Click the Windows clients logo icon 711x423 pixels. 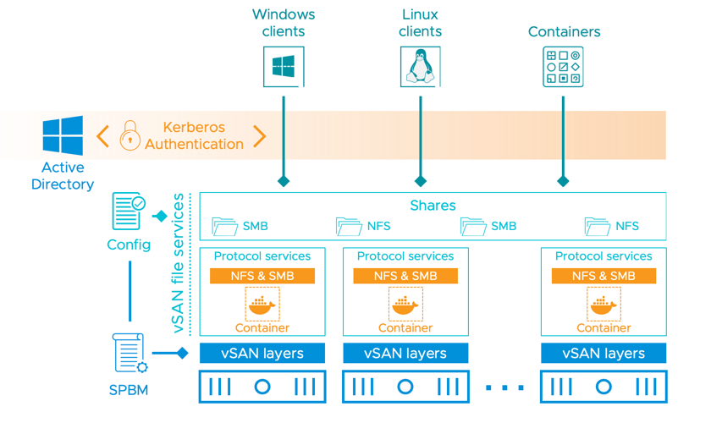pyautogui.click(x=283, y=67)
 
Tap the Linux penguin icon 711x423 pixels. pyautogui.click(x=420, y=67)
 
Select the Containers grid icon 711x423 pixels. pyautogui.click(x=563, y=67)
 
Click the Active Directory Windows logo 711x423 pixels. pyautogui.click(x=63, y=136)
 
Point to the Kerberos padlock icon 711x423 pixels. pyautogui.click(x=130, y=135)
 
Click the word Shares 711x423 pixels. pyautogui.click(x=433, y=206)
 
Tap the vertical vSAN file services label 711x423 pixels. pyautogui.click(x=179, y=263)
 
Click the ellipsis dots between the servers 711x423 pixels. pyautogui.click(x=505, y=387)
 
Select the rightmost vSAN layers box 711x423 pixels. pyautogui.click(x=604, y=354)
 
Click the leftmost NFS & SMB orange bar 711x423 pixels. pyautogui.click(x=262, y=276)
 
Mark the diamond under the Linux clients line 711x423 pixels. pyautogui.click(x=420, y=181)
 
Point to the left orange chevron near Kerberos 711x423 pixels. pyautogui.click(x=102, y=135)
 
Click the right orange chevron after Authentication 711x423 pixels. pyautogui.click(x=260, y=135)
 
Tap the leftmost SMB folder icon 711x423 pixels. pyautogui.click(x=225, y=227)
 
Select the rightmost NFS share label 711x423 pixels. pyautogui.click(x=627, y=227)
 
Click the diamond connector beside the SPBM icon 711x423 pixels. pyautogui.click(x=182, y=353)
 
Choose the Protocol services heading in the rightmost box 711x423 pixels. pyautogui.click(x=604, y=256)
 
